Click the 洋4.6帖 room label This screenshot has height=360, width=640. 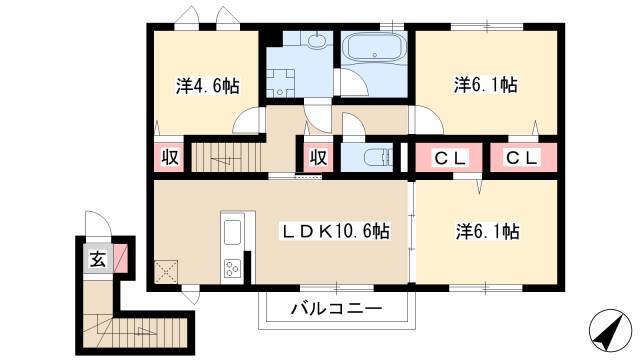(x=207, y=86)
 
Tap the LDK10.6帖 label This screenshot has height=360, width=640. (x=334, y=231)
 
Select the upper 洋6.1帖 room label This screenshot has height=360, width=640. (x=486, y=85)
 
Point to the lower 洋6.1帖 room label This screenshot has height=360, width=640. (x=487, y=231)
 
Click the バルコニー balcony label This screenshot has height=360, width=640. (x=336, y=308)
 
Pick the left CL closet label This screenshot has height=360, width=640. (x=450, y=158)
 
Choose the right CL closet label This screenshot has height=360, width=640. (x=522, y=157)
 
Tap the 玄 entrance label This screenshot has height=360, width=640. (x=98, y=259)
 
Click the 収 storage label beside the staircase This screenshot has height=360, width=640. (x=169, y=157)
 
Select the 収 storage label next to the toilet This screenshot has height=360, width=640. (x=318, y=157)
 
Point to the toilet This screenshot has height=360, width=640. (x=378, y=157)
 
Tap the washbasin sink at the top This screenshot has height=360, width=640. (x=316, y=41)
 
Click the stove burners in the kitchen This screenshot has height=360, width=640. (x=232, y=269)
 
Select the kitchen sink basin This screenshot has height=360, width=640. (x=232, y=232)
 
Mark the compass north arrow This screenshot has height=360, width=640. (x=608, y=331)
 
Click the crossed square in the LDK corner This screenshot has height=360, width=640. (x=166, y=272)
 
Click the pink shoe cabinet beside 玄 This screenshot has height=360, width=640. (x=120, y=258)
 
